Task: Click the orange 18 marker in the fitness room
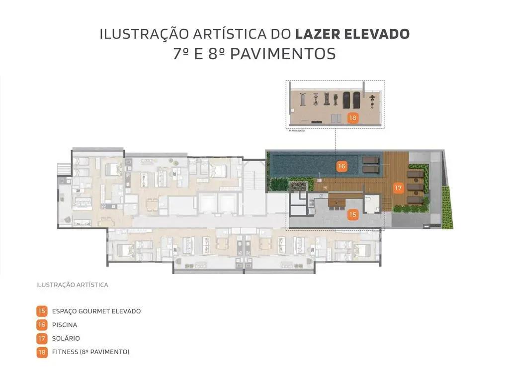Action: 353,118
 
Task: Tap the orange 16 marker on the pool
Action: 341,167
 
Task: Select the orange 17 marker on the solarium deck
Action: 398,188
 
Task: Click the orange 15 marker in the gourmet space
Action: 352,214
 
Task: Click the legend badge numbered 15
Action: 42,311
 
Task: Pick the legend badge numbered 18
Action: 42,352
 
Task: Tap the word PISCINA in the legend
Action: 65,325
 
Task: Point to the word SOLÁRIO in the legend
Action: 66,338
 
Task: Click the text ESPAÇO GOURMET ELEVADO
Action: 96,311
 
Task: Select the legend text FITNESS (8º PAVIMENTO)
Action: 90,352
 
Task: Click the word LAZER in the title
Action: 316,34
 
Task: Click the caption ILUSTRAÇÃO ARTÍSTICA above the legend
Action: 72,285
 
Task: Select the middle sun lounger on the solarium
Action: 415,187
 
